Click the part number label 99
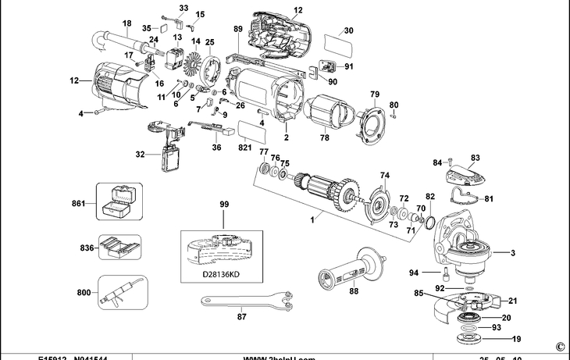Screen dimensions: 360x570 [x=225, y=204]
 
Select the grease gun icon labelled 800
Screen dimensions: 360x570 [x=119, y=294]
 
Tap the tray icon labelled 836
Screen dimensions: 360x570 [x=119, y=248]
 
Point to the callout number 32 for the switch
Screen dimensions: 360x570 [x=140, y=154]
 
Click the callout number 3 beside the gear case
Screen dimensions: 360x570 [x=514, y=253]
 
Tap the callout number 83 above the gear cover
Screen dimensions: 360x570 [x=475, y=157]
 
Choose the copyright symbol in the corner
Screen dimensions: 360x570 [x=560, y=345]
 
